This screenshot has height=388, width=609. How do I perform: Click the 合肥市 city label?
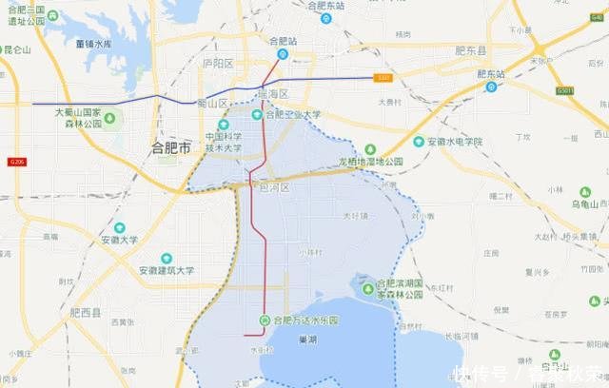point(172,147)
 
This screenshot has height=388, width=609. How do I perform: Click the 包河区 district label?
point(274,188)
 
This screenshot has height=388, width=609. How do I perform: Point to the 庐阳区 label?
point(218,63)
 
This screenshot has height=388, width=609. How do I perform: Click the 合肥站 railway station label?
point(284,41)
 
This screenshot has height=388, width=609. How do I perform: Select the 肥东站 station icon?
point(491,87)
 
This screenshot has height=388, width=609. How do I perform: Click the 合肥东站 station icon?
point(325,18)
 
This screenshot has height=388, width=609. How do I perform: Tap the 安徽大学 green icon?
point(120,228)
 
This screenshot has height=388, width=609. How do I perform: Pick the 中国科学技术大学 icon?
point(224,125)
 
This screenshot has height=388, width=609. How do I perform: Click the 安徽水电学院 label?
point(454,142)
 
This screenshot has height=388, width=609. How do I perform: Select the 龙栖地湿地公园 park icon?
point(370,149)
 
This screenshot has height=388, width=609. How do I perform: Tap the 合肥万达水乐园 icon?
point(264,320)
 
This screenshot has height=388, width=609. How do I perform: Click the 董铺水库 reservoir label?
point(107,44)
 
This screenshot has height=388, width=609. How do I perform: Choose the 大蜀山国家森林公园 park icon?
point(108,118)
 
